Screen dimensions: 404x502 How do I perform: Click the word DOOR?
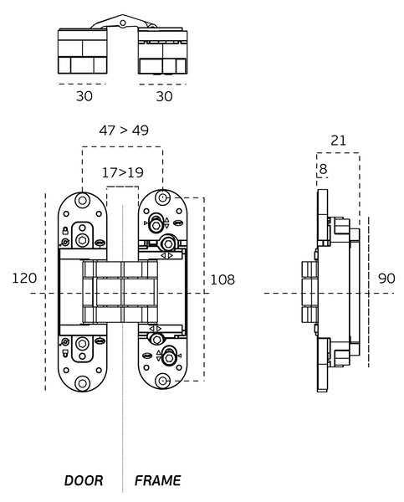[x=84, y=480]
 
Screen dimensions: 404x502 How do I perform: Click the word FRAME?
[x=157, y=480]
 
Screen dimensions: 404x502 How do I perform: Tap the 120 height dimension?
[x=24, y=278]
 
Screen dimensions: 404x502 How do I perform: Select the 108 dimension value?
[x=222, y=279]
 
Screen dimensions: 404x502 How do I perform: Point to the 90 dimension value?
[x=386, y=279]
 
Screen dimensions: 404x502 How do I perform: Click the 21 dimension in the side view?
[x=338, y=141]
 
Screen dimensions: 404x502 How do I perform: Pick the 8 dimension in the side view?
[x=324, y=169]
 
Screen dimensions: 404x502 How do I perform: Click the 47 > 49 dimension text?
[x=124, y=131]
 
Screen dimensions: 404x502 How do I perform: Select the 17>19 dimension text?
[x=123, y=173]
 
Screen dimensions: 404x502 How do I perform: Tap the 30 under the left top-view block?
[x=84, y=96]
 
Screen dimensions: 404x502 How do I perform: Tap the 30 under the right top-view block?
[x=164, y=96]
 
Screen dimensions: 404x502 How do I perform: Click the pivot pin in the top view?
[x=123, y=23]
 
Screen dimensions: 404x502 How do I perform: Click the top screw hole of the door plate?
[x=82, y=201]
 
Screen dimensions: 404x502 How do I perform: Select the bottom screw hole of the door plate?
[x=82, y=383]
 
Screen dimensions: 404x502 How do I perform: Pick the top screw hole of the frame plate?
[x=162, y=197]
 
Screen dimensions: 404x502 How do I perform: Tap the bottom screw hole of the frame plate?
[x=162, y=381]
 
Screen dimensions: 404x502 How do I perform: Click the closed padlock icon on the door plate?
[x=65, y=231]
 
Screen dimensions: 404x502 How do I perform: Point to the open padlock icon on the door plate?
[x=65, y=353]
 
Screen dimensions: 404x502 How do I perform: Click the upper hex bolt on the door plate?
[x=82, y=240]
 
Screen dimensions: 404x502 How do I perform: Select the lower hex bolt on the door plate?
[x=82, y=344]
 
